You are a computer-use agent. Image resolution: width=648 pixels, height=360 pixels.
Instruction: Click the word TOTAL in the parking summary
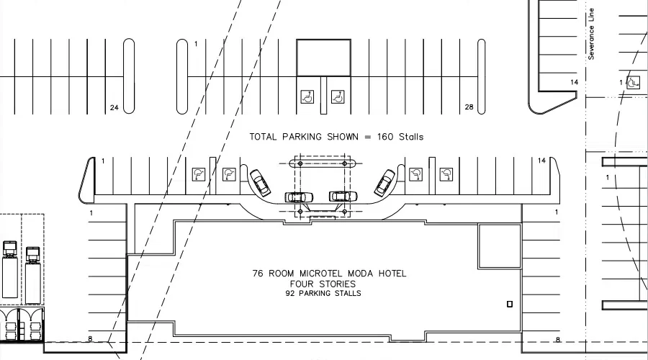pos(264,137)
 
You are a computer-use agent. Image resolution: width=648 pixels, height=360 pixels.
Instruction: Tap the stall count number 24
pos(114,108)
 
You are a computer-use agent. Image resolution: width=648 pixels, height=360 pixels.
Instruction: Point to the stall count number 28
pos(469,108)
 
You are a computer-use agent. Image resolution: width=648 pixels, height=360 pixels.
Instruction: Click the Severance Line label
pos(591,34)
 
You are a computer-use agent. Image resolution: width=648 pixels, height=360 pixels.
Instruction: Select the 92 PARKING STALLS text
pos(323,294)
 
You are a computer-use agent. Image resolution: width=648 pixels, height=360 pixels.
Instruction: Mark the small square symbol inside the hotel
pos(510,304)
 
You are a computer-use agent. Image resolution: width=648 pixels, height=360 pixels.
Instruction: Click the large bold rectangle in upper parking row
pos(324,58)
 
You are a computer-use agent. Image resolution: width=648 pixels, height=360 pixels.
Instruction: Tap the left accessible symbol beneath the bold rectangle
pos(307,96)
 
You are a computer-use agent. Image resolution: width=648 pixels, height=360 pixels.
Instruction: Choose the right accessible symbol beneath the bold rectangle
pos(337,96)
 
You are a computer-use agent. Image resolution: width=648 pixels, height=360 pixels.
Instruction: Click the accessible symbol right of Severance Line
pos(632,83)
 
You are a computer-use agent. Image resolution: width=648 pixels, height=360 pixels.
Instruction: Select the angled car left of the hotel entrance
pos(260,182)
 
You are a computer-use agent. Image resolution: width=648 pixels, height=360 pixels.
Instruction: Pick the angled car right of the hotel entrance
pos(384,182)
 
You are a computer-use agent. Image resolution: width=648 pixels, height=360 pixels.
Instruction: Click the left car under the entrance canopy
pos(299,197)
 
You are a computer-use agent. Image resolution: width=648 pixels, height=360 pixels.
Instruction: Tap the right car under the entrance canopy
pos(343,196)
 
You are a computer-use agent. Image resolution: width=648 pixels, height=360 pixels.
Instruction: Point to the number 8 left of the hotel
pos(91,339)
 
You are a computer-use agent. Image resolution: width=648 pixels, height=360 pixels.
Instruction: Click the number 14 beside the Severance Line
pos(574,83)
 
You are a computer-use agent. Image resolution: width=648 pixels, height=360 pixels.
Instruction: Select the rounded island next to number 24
pos(129,76)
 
